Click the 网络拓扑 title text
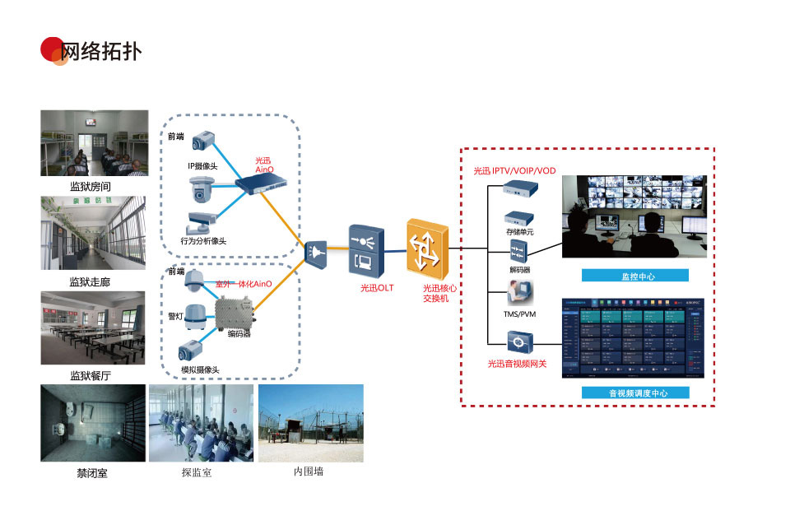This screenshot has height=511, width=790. [x=102, y=51]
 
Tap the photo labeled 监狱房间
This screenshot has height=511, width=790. [x=95, y=143]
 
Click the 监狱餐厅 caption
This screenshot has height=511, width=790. [x=91, y=376]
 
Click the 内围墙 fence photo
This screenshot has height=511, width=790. [x=310, y=423]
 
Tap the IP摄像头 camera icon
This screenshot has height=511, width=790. [x=203, y=141]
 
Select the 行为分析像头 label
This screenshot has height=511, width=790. [x=203, y=241]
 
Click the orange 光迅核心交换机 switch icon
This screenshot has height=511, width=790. [x=426, y=245]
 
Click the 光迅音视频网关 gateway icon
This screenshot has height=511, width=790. [x=518, y=340]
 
